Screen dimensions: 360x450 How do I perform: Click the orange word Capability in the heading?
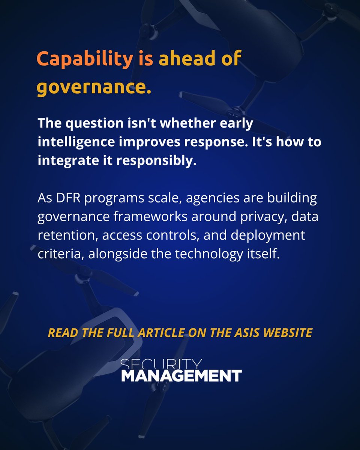pos(84,59)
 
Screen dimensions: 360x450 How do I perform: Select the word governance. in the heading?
pos(94,87)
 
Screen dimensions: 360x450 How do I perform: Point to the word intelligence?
pos(76,142)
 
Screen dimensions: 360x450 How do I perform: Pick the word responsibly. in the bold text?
pos(156,161)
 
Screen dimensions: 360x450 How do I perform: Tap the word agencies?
pos(213,198)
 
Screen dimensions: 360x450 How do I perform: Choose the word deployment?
pos(268,235)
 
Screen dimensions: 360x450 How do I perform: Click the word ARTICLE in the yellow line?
pos(161,332)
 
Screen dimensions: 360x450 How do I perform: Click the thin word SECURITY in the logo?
pos(161,364)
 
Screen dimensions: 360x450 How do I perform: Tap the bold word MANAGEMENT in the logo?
pos(181,375)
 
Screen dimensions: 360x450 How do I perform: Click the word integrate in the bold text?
pos(68,161)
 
